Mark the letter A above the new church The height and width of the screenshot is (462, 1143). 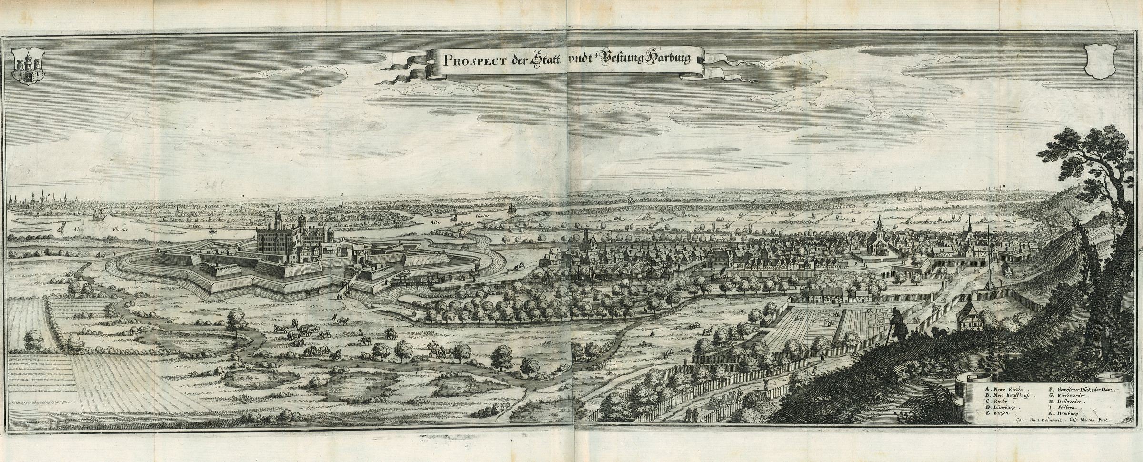pos(874,222)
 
